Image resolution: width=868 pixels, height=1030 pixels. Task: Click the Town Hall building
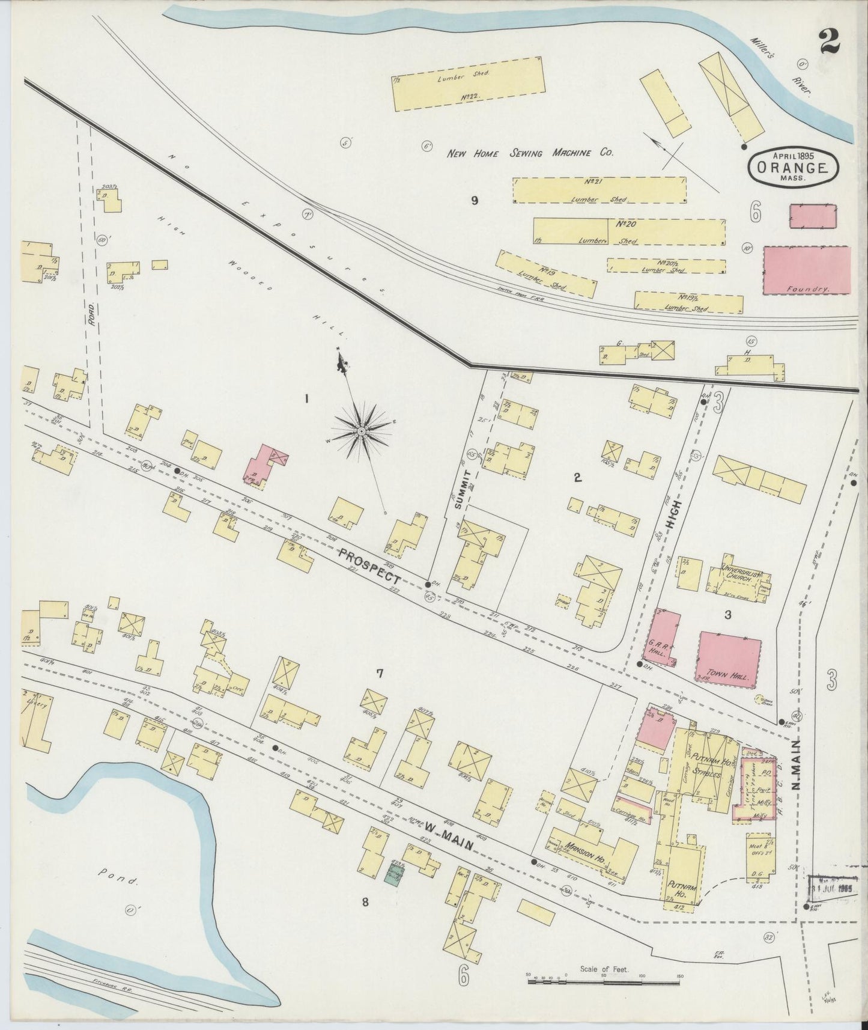pyautogui.click(x=729, y=659)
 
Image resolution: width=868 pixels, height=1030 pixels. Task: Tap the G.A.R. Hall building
pyautogui.click(x=664, y=639)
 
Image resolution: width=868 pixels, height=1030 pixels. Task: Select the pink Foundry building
pyautogui.click(x=807, y=270)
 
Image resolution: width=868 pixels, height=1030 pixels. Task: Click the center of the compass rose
pyautogui.click(x=362, y=431)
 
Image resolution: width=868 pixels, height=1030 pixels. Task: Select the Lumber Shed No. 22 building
pyautogui.click(x=469, y=84)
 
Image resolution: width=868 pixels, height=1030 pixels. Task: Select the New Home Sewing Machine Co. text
pyautogui.click(x=530, y=153)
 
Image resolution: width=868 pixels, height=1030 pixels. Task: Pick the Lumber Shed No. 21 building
pyautogui.click(x=599, y=190)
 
